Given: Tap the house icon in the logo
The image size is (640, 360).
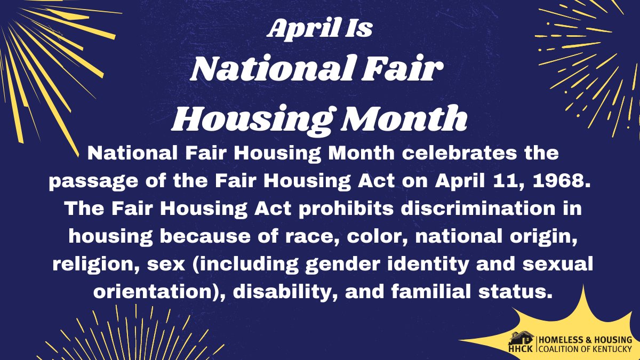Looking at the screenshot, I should point(521,338).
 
